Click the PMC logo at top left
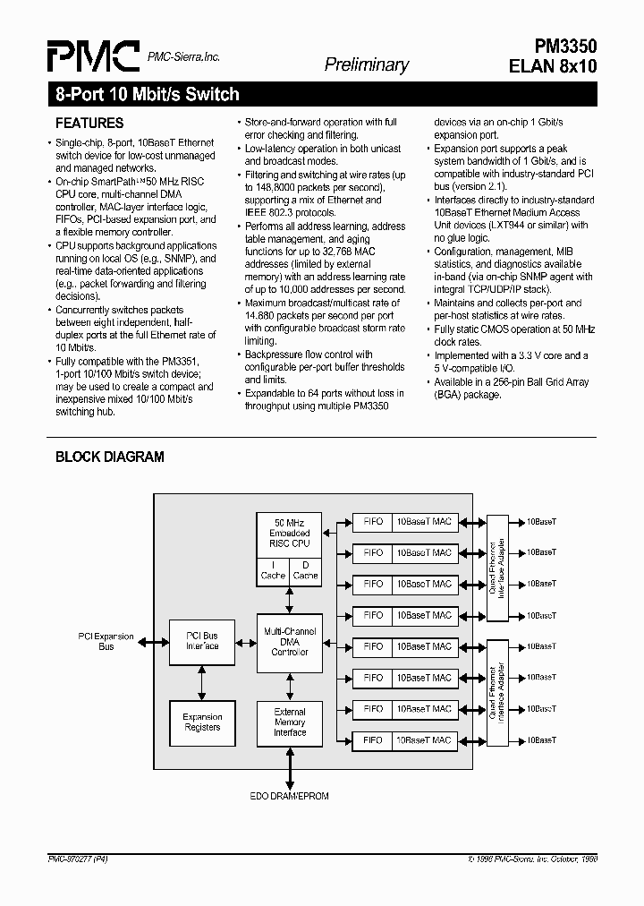(93, 56)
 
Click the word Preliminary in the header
(366, 64)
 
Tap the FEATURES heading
(89, 123)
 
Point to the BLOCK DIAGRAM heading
(110, 457)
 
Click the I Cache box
(273, 570)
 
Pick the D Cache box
(305, 570)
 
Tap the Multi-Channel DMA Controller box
(289, 642)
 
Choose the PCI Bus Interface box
(202, 641)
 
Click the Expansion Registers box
(202, 722)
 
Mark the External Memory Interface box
(289, 722)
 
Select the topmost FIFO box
(373, 521)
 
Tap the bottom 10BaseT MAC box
(424, 740)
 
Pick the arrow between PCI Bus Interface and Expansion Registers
(202, 682)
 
